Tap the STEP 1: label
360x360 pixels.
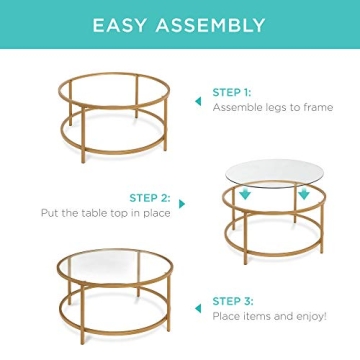point(230,93)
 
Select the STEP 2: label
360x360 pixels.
point(149,198)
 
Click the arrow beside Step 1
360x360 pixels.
point(198,101)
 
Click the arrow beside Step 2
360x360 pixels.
point(180,204)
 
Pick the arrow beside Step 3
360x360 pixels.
point(198,309)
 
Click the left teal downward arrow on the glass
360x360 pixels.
point(245,195)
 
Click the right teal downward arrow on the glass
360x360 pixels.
point(303,195)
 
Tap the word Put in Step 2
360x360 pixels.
point(49,213)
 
